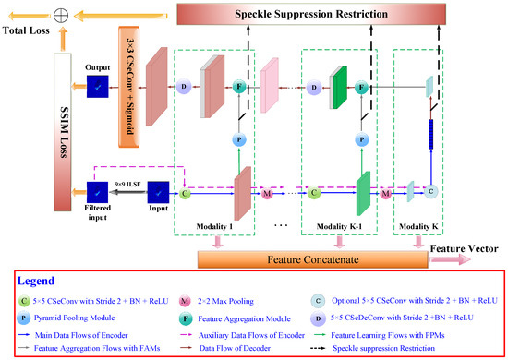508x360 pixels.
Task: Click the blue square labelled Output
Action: [96, 87]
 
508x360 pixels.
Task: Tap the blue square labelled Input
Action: [160, 193]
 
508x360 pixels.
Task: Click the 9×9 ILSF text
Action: [128, 183]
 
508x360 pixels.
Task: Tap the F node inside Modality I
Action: [236, 87]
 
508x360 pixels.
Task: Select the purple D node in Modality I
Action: [184, 87]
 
